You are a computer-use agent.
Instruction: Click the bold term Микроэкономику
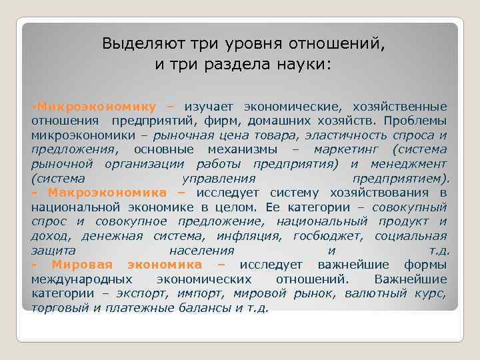[x=96, y=107]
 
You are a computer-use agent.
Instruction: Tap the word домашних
[x=285, y=121]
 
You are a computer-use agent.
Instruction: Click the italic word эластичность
[x=351, y=135]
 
